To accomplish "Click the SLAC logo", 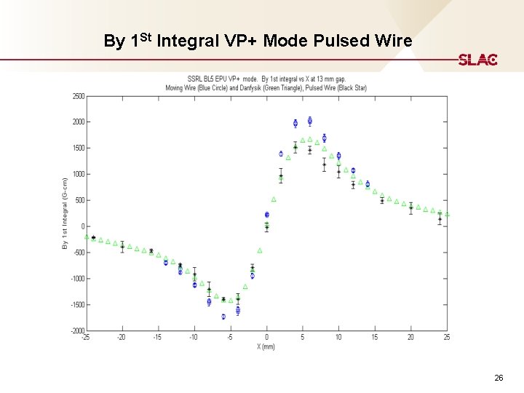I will (478, 60).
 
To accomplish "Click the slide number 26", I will (499, 378).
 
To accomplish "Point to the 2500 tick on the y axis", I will (78, 95).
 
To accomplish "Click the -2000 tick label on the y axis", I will (76, 331).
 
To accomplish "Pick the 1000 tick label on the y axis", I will (78, 174).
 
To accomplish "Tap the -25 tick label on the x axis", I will (86, 338).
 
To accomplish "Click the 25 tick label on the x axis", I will (447, 338).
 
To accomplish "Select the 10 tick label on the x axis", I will (338, 338).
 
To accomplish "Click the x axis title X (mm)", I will (266, 346).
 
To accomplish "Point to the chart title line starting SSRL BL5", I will (266, 79).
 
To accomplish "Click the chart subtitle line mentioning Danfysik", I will (266, 87).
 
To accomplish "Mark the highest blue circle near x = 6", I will (310, 120).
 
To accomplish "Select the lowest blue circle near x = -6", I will (223, 317).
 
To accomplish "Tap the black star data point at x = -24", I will (93, 238).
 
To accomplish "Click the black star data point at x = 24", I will (440, 218).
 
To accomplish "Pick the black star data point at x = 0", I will (266, 227).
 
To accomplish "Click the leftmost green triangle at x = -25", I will (87, 237).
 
